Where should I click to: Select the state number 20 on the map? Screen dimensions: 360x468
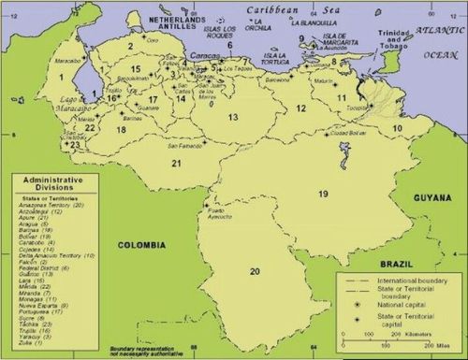[x=254, y=271]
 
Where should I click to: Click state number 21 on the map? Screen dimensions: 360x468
[x=175, y=164]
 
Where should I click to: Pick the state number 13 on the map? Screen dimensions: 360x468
[x=233, y=117]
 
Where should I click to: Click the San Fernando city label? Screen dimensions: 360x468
[x=183, y=145]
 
